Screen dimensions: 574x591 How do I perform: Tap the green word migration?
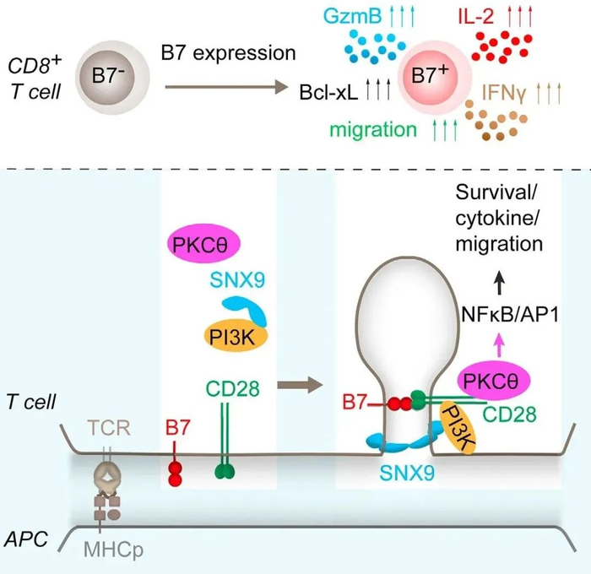tap(374, 129)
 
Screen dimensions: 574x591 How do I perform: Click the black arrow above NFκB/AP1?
tap(504, 279)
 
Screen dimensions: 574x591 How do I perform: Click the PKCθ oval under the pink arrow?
tap(496, 376)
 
